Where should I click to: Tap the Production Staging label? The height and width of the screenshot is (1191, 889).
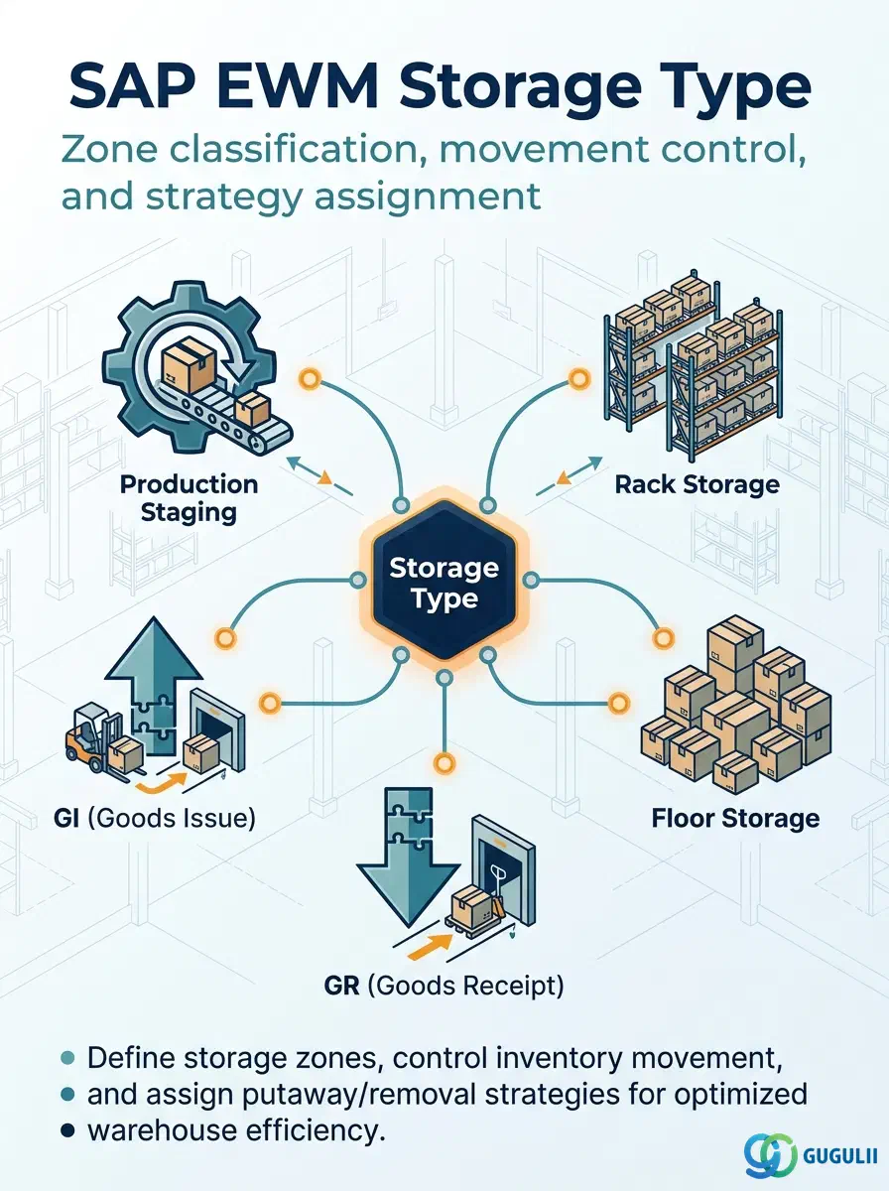point(189,498)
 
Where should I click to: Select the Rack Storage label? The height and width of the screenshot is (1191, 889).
point(697,484)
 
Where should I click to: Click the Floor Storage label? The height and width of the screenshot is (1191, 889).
point(735,818)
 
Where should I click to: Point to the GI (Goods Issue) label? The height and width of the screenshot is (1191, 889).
point(155,818)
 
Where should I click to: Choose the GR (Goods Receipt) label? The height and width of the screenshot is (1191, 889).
point(444,986)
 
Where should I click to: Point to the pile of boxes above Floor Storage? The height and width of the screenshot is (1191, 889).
point(736,704)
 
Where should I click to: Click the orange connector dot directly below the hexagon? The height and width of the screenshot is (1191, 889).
point(444,763)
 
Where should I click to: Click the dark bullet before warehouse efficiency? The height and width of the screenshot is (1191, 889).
point(67,1130)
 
